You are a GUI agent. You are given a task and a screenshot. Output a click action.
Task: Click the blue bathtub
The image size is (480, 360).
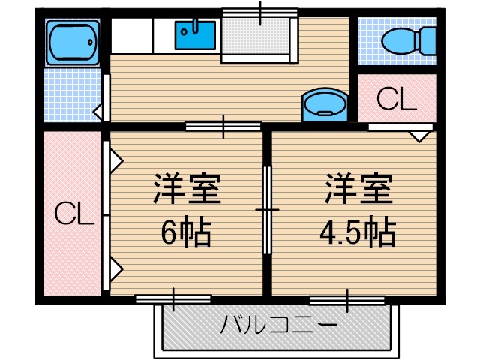[72, 43]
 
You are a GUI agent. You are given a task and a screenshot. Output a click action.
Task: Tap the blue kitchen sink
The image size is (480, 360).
[195, 34]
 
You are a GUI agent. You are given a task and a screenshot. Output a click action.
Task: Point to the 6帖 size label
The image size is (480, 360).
[186, 233]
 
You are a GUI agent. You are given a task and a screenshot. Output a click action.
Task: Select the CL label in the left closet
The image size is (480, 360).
[74, 215]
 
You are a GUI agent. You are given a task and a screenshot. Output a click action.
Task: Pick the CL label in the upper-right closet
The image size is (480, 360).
[395, 99]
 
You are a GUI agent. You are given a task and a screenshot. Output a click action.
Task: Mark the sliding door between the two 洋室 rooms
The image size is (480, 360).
[267, 210]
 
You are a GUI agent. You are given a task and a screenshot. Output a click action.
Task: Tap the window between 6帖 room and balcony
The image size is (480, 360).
[173, 299]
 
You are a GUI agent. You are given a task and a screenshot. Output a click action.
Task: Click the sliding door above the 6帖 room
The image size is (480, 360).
[223, 126]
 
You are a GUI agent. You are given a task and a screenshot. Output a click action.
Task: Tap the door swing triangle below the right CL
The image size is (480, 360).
[421, 136]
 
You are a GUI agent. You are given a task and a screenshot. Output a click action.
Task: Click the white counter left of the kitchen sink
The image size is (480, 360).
[133, 34]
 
